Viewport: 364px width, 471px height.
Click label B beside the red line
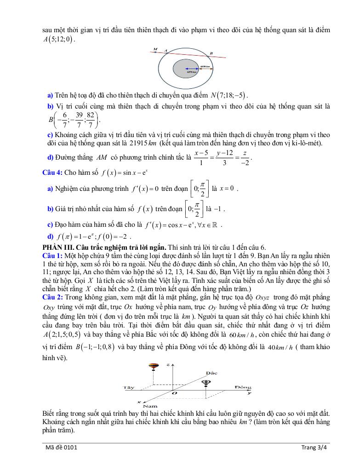pyautogui.click(x=211, y=53)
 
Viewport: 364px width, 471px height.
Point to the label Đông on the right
pyautogui.click(x=243, y=387)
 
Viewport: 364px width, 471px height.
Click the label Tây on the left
pyautogui.click(x=129, y=387)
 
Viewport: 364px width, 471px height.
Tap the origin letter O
pyautogui.click(x=174, y=393)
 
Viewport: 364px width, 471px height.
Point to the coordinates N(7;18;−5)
pyautogui.click(x=229, y=95)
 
